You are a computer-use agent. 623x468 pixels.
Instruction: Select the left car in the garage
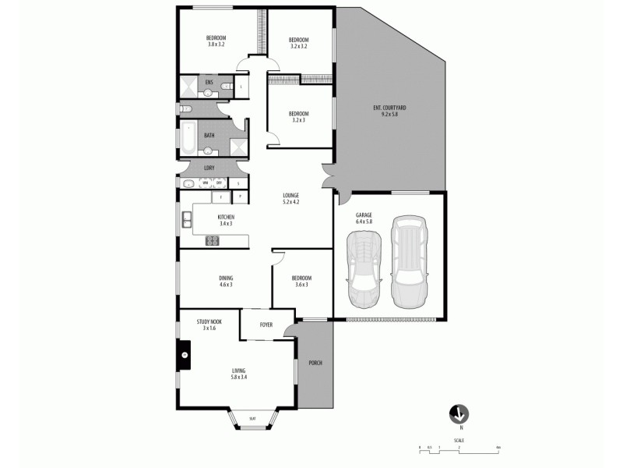tap(364, 272)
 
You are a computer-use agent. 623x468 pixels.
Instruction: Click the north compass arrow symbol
tap(460, 413)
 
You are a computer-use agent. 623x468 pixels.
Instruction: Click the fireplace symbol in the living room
tap(185, 355)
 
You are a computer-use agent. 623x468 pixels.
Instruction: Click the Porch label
tap(315, 363)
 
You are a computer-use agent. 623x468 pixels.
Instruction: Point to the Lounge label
tap(291, 198)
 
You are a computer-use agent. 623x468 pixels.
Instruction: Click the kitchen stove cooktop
tap(212, 240)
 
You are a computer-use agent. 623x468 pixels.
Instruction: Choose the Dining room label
tap(226, 282)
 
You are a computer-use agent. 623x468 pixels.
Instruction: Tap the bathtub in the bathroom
tap(188, 139)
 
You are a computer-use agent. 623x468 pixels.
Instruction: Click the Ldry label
tap(209, 168)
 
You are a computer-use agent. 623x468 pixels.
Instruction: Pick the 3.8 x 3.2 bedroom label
tap(216, 41)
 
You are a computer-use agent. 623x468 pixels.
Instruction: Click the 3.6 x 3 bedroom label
tap(301, 282)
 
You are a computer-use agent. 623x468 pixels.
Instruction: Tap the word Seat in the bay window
tap(252, 419)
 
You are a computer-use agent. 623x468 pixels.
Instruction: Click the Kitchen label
tap(226, 220)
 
